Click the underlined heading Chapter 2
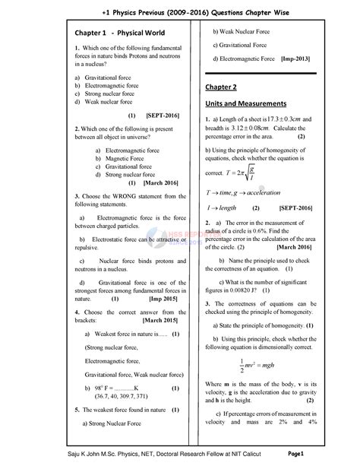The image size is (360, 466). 221,87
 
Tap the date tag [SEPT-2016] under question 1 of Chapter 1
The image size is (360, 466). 162,116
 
